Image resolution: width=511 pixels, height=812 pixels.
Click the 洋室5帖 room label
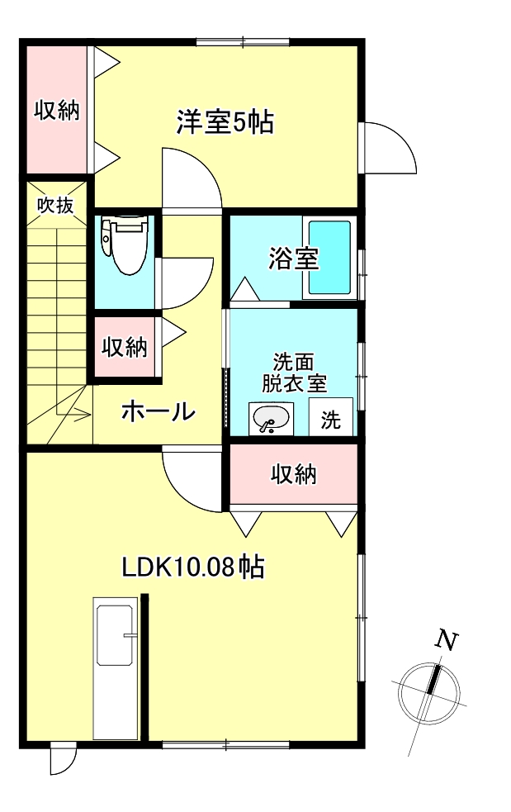point(225,123)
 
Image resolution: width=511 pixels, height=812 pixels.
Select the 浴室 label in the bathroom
point(293,259)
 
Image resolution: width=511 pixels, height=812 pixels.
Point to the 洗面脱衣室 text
point(294,373)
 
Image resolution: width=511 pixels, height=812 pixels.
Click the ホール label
point(159,411)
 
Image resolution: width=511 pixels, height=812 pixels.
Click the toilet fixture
point(125,245)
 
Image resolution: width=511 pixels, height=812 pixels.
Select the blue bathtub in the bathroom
point(330,259)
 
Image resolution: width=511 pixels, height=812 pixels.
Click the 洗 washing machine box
point(330,420)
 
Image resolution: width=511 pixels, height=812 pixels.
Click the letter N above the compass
point(446,640)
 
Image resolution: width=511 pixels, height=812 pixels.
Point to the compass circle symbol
point(428,692)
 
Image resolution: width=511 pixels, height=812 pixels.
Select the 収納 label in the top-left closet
point(56,110)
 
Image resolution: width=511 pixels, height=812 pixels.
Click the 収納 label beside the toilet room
point(125,348)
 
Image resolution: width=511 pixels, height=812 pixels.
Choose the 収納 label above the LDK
point(294,474)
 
